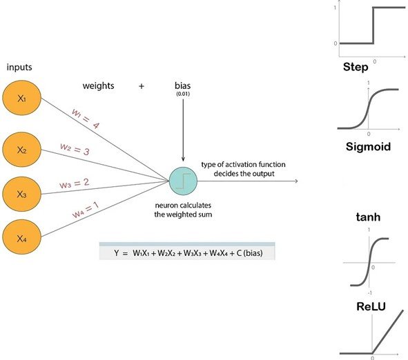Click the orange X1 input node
pyautogui.click(x=21, y=99)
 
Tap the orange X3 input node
pyautogui.click(x=21, y=194)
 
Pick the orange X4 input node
pyautogui.click(x=21, y=238)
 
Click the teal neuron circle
pyautogui.click(x=183, y=181)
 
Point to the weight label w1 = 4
pyautogui.click(x=84, y=117)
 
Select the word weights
pyautogui.click(x=98, y=86)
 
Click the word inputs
pyautogui.click(x=20, y=67)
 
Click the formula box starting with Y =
pyautogui.click(x=187, y=253)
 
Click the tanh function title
pyautogui.click(x=368, y=219)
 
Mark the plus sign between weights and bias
pyautogui.click(x=142, y=86)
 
